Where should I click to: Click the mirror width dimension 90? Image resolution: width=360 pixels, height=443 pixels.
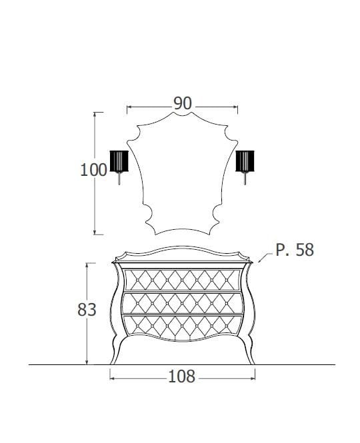coord(183,103)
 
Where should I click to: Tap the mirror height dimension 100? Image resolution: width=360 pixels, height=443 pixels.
coord(93,170)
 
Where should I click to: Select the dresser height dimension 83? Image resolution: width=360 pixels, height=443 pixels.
coord(87,310)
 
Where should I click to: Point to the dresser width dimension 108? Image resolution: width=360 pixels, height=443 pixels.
coord(182,376)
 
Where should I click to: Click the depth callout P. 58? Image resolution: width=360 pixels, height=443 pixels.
coord(295,250)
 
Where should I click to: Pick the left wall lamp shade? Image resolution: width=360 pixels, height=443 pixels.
coord(119,161)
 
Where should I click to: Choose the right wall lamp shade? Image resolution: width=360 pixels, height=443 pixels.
coord(245,161)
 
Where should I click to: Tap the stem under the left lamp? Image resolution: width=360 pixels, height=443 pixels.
coord(119,179)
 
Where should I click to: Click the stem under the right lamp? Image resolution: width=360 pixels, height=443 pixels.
coord(245,179)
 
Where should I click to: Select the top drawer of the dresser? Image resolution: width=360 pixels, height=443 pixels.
coord(182,280)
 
